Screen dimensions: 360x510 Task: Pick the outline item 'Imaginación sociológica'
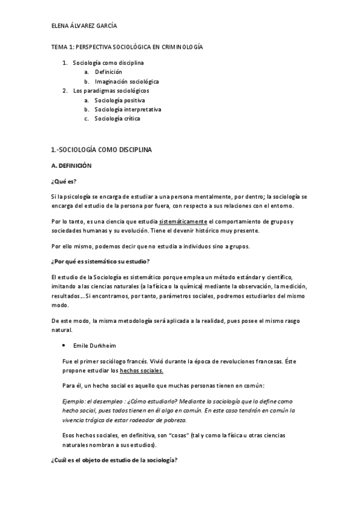coord(127,81)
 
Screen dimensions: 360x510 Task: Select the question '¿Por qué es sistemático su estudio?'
coord(100,260)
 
